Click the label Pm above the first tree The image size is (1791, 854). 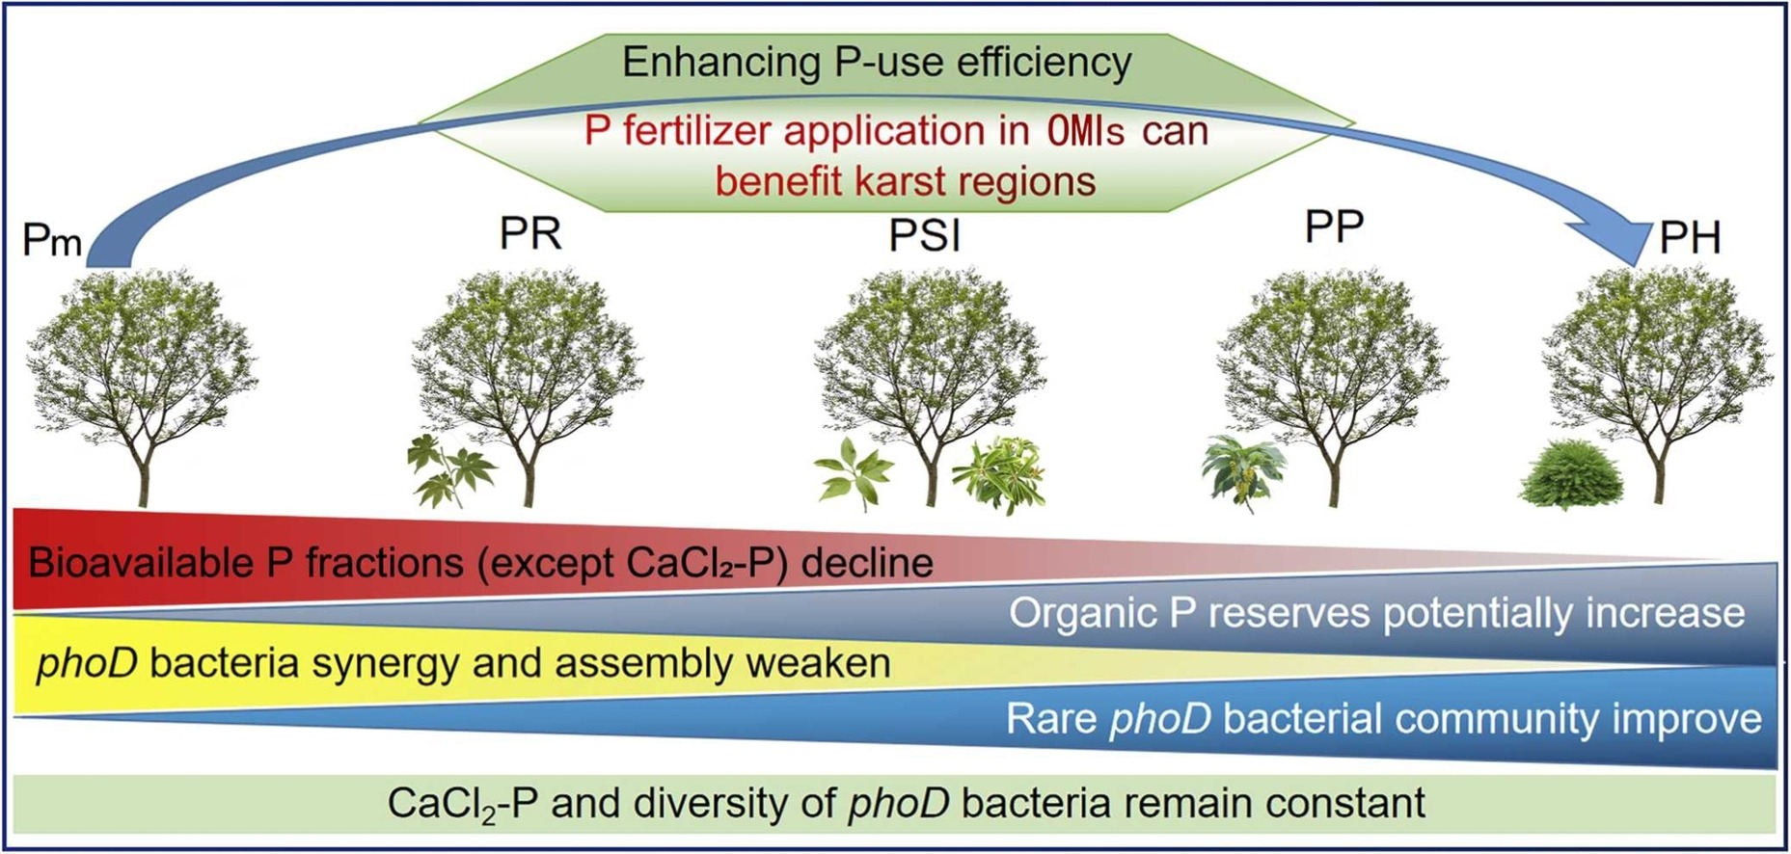tap(52, 240)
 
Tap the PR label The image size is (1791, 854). tap(529, 233)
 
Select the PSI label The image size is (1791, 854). tap(924, 236)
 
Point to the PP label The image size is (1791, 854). tap(1334, 227)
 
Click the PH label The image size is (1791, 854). tap(1689, 237)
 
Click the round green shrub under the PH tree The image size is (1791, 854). tap(1571, 475)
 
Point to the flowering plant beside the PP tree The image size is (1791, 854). tap(1243, 470)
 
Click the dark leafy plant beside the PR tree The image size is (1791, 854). tap(450, 469)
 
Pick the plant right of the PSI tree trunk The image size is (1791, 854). tap(998, 473)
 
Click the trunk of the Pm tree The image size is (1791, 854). tap(143, 472)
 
